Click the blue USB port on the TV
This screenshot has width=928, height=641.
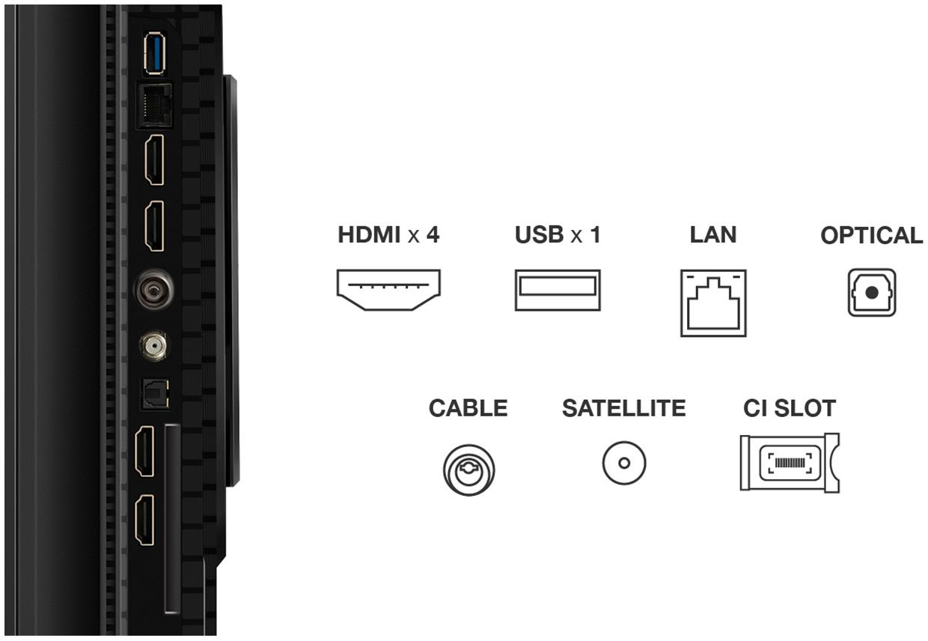tap(154, 53)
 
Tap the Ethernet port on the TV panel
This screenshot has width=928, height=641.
tap(154, 106)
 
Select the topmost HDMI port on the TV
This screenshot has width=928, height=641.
tap(154, 160)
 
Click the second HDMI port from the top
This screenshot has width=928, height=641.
tap(154, 226)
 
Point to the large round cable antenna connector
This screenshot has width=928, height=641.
tap(153, 289)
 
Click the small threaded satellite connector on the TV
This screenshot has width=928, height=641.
tap(153, 345)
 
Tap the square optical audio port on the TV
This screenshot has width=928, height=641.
tap(156, 394)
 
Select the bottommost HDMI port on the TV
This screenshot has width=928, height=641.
tap(144, 520)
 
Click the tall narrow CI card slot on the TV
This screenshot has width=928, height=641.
tap(172, 518)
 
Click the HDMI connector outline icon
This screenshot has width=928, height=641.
tap(388, 290)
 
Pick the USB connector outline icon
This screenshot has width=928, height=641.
tap(558, 290)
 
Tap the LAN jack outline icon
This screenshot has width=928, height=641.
tap(713, 303)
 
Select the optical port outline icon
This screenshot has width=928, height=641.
tap(872, 292)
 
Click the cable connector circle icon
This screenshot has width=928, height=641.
tap(468, 470)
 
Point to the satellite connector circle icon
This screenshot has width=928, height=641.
tap(624, 463)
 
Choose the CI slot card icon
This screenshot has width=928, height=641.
tap(790, 463)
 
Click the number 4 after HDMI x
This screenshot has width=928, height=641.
tap(433, 234)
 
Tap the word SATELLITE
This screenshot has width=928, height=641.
tap(624, 408)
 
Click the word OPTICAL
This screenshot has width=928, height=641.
tap(872, 235)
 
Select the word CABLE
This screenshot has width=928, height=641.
tap(468, 408)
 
